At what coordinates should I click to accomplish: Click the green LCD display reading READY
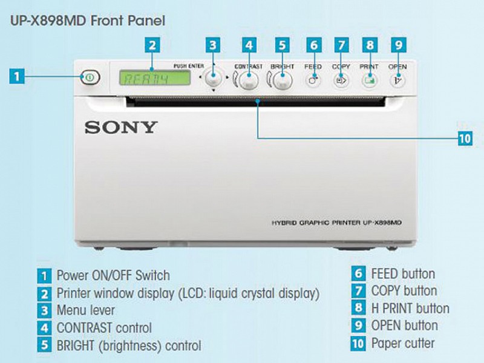pos(155,78)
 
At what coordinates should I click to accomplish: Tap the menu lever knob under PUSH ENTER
pos(214,77)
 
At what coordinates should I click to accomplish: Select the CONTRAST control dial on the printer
pos(249,80)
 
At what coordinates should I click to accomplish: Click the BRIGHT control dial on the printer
pos(283,80)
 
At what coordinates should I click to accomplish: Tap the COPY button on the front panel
pos(341,81)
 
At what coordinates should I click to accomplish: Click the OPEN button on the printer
pos(397,81)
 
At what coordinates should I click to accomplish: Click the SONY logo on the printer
pos(121,128)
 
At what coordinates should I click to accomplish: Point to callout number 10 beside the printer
pos(465,139)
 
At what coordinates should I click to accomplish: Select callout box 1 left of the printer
pos(18,76)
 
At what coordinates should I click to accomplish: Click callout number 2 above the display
pos(152,45)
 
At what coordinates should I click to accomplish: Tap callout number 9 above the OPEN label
pos(399,45)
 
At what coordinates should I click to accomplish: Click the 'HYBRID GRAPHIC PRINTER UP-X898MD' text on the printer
pos(336,223)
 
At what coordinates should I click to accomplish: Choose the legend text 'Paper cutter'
pos(403,343)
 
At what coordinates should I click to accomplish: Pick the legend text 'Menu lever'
pos(85,310)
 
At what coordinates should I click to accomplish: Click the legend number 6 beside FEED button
pos(358,273)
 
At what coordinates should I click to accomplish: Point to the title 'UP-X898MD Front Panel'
pos(88,21)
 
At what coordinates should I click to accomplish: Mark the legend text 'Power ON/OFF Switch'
pos(113,275)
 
